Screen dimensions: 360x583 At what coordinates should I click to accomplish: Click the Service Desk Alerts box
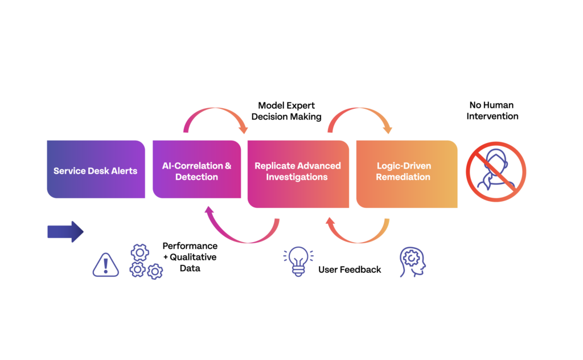pos(96,170)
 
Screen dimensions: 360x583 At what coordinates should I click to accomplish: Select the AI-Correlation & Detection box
pos(196,170)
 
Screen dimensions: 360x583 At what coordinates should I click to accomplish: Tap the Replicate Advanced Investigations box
pos(298,173)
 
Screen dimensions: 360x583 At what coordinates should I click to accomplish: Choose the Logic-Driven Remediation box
pos(407,173)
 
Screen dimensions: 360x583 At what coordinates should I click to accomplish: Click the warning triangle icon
pos(106,265)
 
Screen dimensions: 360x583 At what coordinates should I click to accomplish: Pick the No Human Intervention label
pos(492,111)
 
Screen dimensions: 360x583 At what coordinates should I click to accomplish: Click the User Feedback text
pos(350,269)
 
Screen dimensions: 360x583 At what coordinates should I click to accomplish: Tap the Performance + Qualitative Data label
pos(190,256)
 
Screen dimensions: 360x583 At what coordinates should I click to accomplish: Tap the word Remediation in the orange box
pos(404,177)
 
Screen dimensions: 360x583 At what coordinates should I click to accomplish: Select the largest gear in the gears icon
pos(139,252)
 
